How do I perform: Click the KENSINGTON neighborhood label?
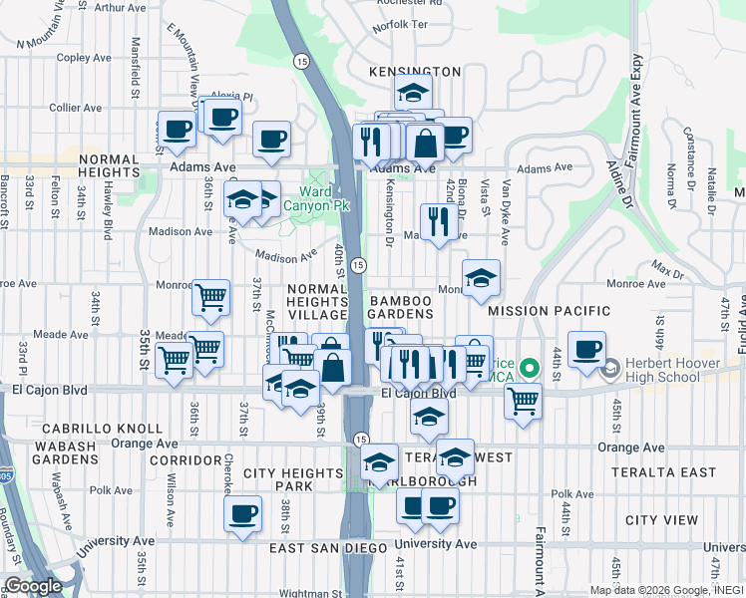click(414, 72)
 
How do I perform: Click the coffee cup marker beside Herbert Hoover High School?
click(586, 350)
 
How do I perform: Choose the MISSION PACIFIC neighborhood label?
click(548, 311)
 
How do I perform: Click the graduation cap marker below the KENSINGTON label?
click(412, 96)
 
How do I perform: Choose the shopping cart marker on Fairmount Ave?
click(523, 402)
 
